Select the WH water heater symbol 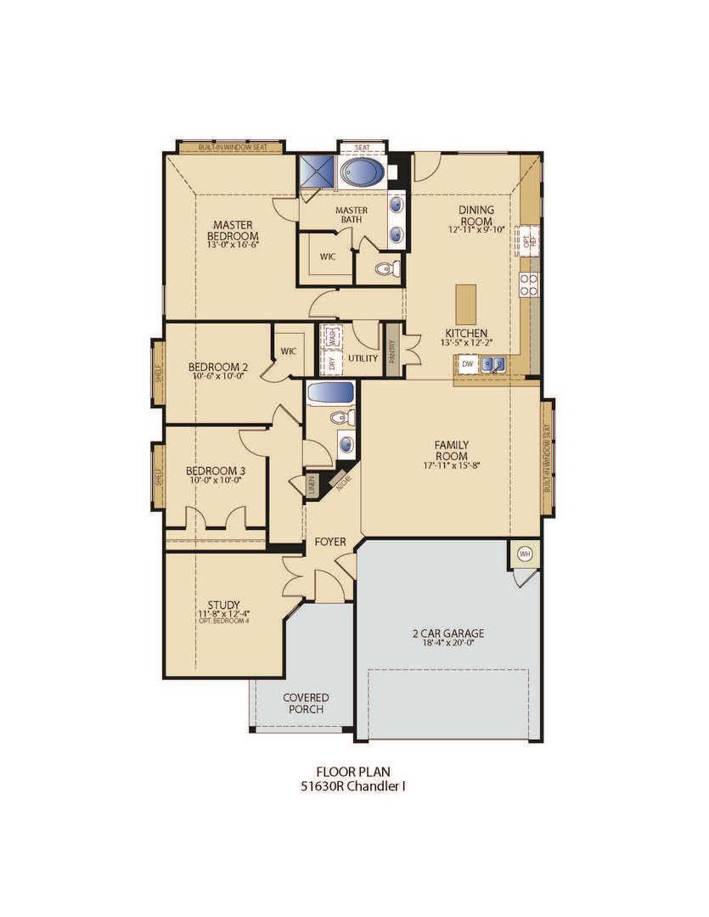click(x=524, y=554)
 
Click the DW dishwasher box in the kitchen click(x=467, y=364)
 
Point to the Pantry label click(x=392, y=348)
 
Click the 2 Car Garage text click(x=448, y=633)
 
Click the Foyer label click(x=329, y=541)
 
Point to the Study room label click(x=223, y=605)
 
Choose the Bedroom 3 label click(x=216, y=470)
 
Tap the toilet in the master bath click(x=384, y=269)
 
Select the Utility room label click(x=363, y=358)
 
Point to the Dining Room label click(x=476, y=215)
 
